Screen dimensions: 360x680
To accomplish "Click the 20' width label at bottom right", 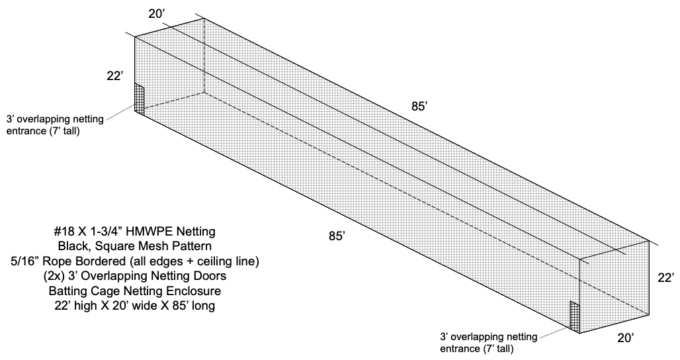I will [x=625, y=338].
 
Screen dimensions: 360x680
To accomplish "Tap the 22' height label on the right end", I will [x=665, y=279].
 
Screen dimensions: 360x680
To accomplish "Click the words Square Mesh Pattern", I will [x=158, y=247].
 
